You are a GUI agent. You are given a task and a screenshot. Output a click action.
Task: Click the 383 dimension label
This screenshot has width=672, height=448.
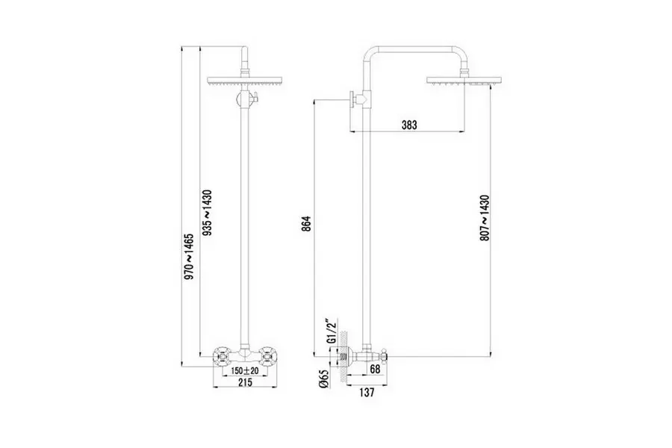tap(409, 125)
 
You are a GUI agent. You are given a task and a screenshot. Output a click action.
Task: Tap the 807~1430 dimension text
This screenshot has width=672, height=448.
tap(485, 217)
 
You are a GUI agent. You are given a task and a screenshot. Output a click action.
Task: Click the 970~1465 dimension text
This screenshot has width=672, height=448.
tap(190, 256)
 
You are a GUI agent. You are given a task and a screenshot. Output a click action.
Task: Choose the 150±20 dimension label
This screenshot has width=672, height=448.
tap(244, 370)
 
